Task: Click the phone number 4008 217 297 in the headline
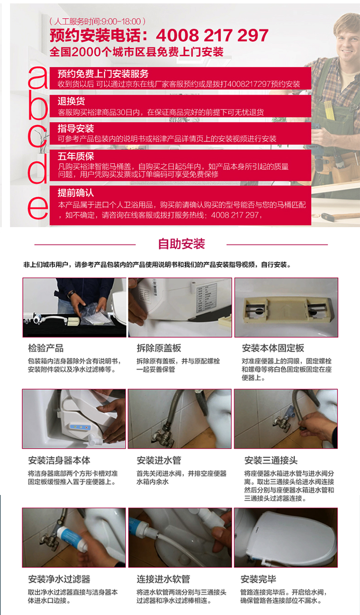(x=212, y=36)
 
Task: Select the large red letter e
(x=38, y=208)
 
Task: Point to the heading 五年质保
(x=76, y=156)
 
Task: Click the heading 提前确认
(x=75, y=193)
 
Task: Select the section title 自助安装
(x=181, y=244)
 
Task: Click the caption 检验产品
(x=46, y=348)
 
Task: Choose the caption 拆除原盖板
(x=159, y=348)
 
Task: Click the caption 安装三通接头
(x=271, y=460)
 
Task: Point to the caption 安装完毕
(x=258, y=579)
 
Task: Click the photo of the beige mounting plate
(x=286, y=307)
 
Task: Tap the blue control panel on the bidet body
(x=79, y=427)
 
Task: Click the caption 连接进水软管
(x=163, y=579)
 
